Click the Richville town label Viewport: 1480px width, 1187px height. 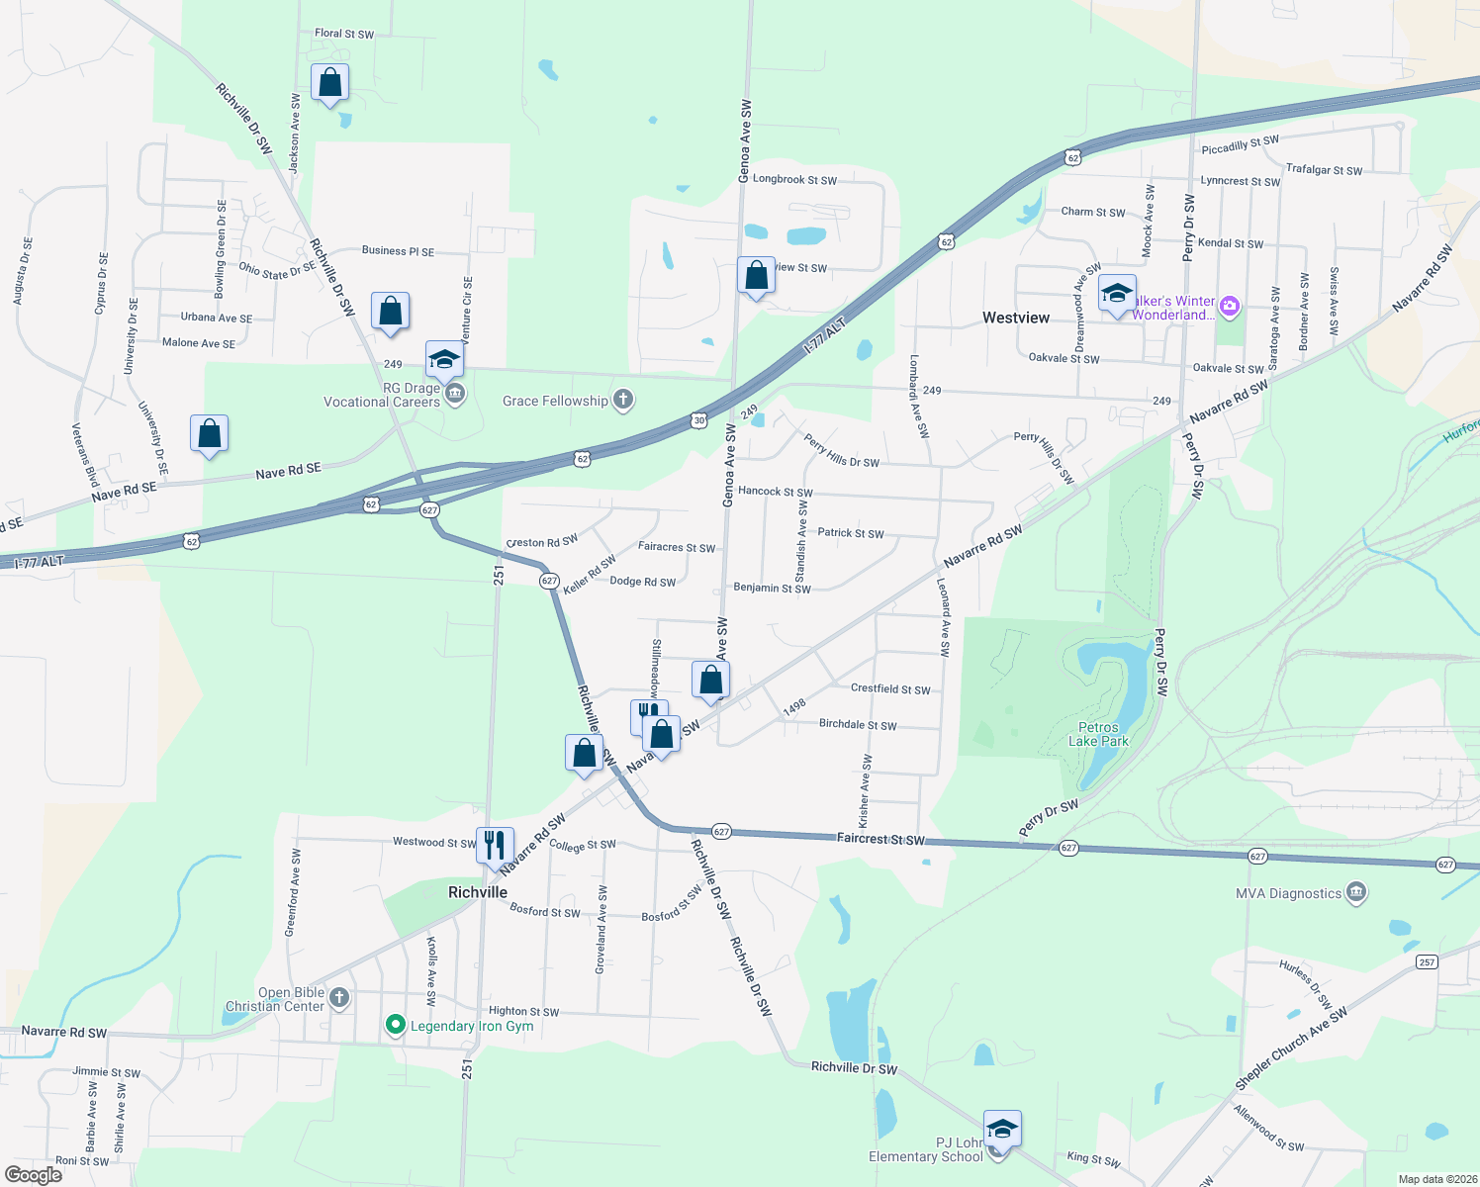pyautogui.click(x=478, y=892)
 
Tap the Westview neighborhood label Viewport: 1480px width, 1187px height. pyautogui.click(x=1016, y=318)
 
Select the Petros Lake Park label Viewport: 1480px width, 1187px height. pyautogui.click(x=1098, y=734)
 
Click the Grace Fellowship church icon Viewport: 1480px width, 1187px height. pyautogui.click(x=622, y=400)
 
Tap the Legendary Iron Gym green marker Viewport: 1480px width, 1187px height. pyautogui.click(x=396, y=1026)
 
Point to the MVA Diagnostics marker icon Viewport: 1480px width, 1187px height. pyautogui.click(x=1356, y=893)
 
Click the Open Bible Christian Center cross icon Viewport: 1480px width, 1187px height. pyautogui.click(x=339, y=997)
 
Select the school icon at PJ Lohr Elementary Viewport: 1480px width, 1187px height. pyautogui.click(x=1002, y=1129)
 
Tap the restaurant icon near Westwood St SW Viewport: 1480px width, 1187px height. pyautogui.click(x=494, y=846)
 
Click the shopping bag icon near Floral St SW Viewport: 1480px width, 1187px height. pyautogui.click(x=329, y=83)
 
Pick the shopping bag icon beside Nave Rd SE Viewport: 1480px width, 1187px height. pyautogui.click(x=209, y=433)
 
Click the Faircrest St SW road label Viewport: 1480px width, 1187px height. pyautogui.click(x=880, y=839)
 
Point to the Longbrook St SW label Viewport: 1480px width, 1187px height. pyautogui.click(x=794, y=180)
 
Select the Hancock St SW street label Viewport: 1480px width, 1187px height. pyautogui.click(x=776, y=492)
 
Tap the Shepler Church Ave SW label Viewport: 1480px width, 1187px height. pyautogui.click(x=1290, y=1050)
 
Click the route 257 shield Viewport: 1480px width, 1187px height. pyautogui.click(x=1426, y=961)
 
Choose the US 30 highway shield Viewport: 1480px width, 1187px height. pyautogui.click(x=699, y=420)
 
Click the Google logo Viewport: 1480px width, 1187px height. pyautogui.click(x=34, y=1175)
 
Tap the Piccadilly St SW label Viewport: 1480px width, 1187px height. pyautogui.click(x=1240, y=145)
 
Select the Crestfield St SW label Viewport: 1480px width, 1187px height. pyautogui.click(x=890, y=689)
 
